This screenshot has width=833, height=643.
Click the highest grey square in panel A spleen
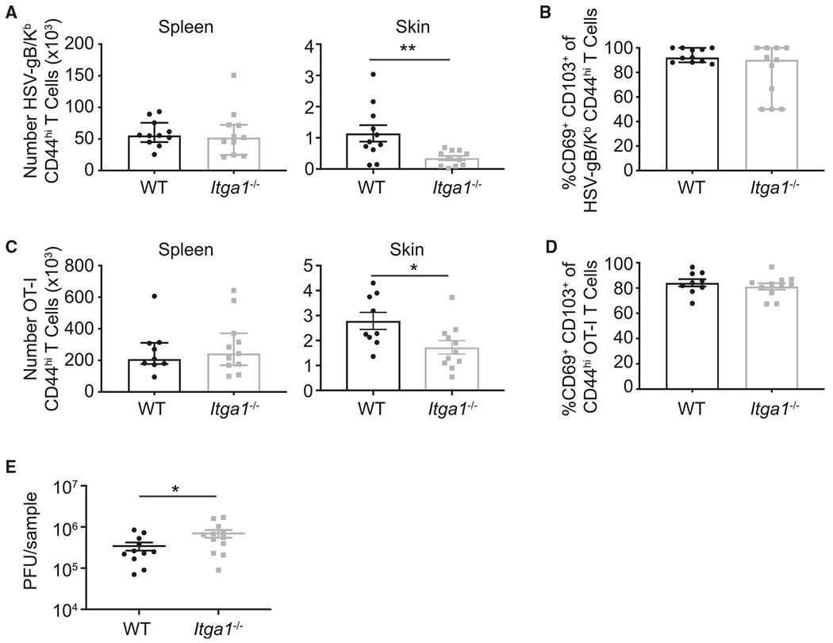click(213, 75)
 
